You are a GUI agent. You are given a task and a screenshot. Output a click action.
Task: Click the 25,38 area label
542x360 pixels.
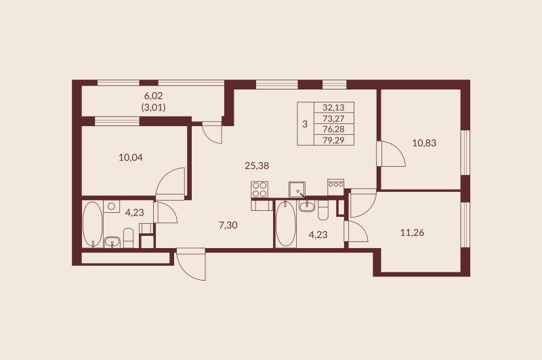[x=257, y=165]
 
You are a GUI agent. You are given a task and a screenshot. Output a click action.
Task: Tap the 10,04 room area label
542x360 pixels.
[x=131, y=157]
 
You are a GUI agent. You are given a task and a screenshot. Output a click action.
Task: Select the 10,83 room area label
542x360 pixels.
[x=425, y=142]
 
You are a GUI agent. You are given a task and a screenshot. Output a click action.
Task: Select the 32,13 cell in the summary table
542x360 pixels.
[x=333, y=107]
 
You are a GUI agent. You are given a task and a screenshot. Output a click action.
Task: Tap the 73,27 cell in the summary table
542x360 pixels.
[x=333, y=118]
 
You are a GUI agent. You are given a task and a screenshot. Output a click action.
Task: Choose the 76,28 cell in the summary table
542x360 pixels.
[x=333, y=129]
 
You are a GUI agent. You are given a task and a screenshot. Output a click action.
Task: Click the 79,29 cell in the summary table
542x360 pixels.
[x=333, y=140]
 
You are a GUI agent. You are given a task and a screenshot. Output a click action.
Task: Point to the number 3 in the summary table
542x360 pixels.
[x=305, y=124]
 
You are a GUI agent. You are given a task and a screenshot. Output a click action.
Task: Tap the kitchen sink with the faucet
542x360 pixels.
[x=297, y=189]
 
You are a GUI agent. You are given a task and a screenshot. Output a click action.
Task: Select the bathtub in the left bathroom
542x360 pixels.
[x=92, y=224]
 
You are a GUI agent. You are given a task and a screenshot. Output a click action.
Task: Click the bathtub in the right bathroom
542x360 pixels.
[x=285, y=225]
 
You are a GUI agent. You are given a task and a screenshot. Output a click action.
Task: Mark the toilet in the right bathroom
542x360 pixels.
[x=322, y=213]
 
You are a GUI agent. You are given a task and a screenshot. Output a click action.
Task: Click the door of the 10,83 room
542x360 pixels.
[x=392, y=155]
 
